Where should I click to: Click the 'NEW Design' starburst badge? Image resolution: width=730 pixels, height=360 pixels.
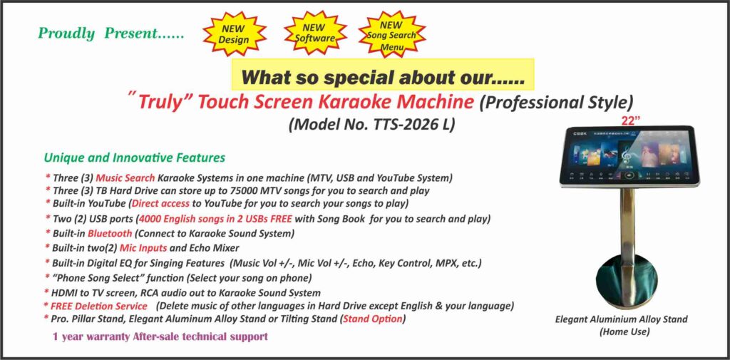pos(234,34)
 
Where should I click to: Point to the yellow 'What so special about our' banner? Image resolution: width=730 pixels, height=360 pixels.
pos(383,75)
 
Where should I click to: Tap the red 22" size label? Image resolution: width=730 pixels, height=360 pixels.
pos(631,120)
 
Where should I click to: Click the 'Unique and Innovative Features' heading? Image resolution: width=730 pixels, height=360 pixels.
pos(135,158)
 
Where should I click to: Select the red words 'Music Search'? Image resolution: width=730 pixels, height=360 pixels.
pos(125,178)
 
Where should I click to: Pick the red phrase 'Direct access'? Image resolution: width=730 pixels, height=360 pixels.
pos(161,203)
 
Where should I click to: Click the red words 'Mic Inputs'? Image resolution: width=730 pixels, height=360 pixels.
pos(143,248)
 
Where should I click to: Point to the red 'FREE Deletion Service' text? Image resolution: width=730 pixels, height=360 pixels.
pos(98,307)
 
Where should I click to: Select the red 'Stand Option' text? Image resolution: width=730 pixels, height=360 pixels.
pos(372,319)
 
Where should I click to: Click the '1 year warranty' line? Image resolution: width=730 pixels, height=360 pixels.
pos(160,336)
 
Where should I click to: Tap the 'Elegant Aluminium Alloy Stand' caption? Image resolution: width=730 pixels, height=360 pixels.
pos(621,319)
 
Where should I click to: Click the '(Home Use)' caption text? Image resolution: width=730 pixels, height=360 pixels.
pos(624,332)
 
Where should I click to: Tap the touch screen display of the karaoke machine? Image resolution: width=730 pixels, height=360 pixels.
pos(629,156)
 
